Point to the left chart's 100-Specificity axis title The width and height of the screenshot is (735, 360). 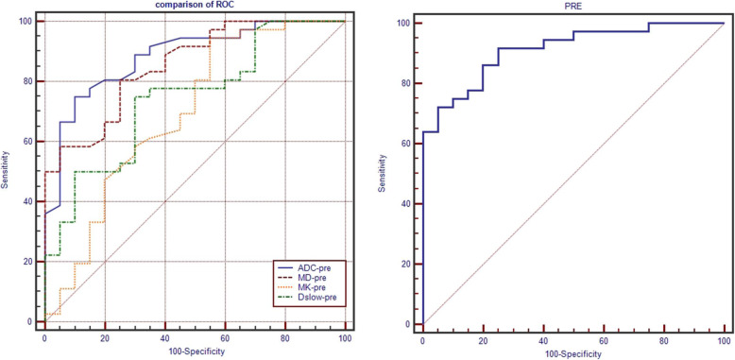pyautogui.click(x=195, y=352)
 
